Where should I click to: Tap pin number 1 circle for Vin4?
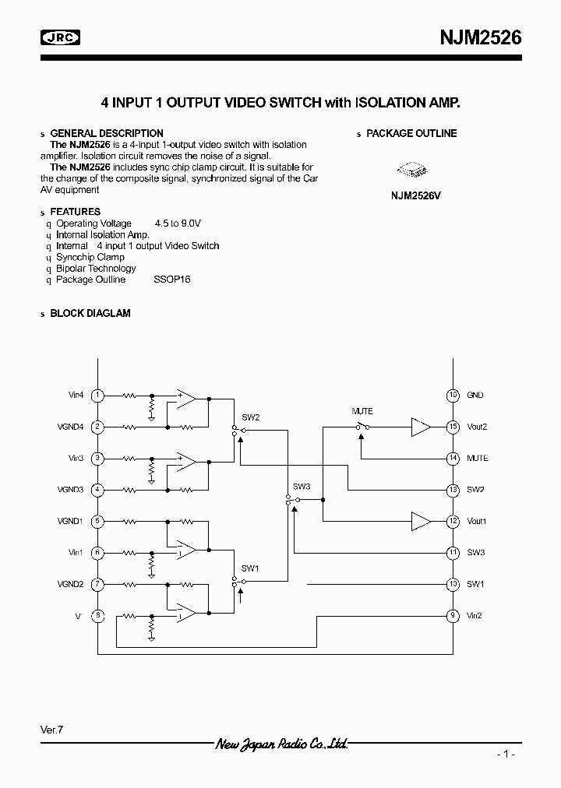97,396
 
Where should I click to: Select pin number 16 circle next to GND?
453,396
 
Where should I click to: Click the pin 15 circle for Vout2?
453,427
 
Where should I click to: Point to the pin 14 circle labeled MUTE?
453,459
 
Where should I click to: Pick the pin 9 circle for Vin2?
453,616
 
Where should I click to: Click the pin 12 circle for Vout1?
453,521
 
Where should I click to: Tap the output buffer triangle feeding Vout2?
421,427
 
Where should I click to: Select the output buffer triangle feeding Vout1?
421,521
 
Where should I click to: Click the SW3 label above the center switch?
302,487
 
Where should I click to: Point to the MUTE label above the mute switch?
362,411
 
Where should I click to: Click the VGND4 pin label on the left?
70,427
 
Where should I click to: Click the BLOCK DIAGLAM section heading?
90,313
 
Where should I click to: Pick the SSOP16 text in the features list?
172,280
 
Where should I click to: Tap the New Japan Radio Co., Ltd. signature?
280,744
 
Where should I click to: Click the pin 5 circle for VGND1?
97,521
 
